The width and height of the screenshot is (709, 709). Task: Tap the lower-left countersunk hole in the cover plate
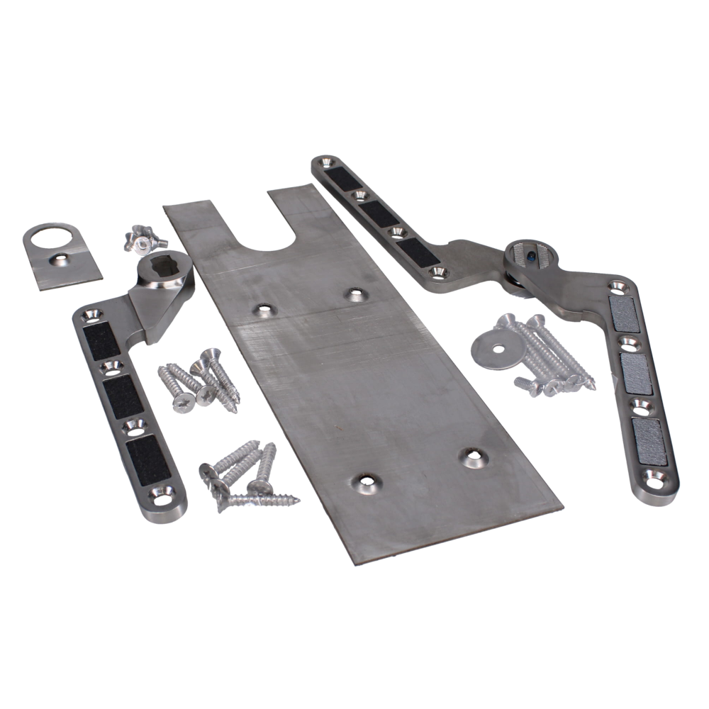click(x=364, y=484)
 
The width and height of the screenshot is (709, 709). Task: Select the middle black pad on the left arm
click(x=124, y=394)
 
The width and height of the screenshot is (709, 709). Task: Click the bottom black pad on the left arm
click(x=145, y=453)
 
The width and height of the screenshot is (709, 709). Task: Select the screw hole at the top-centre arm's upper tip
click(x=324, y=164)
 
